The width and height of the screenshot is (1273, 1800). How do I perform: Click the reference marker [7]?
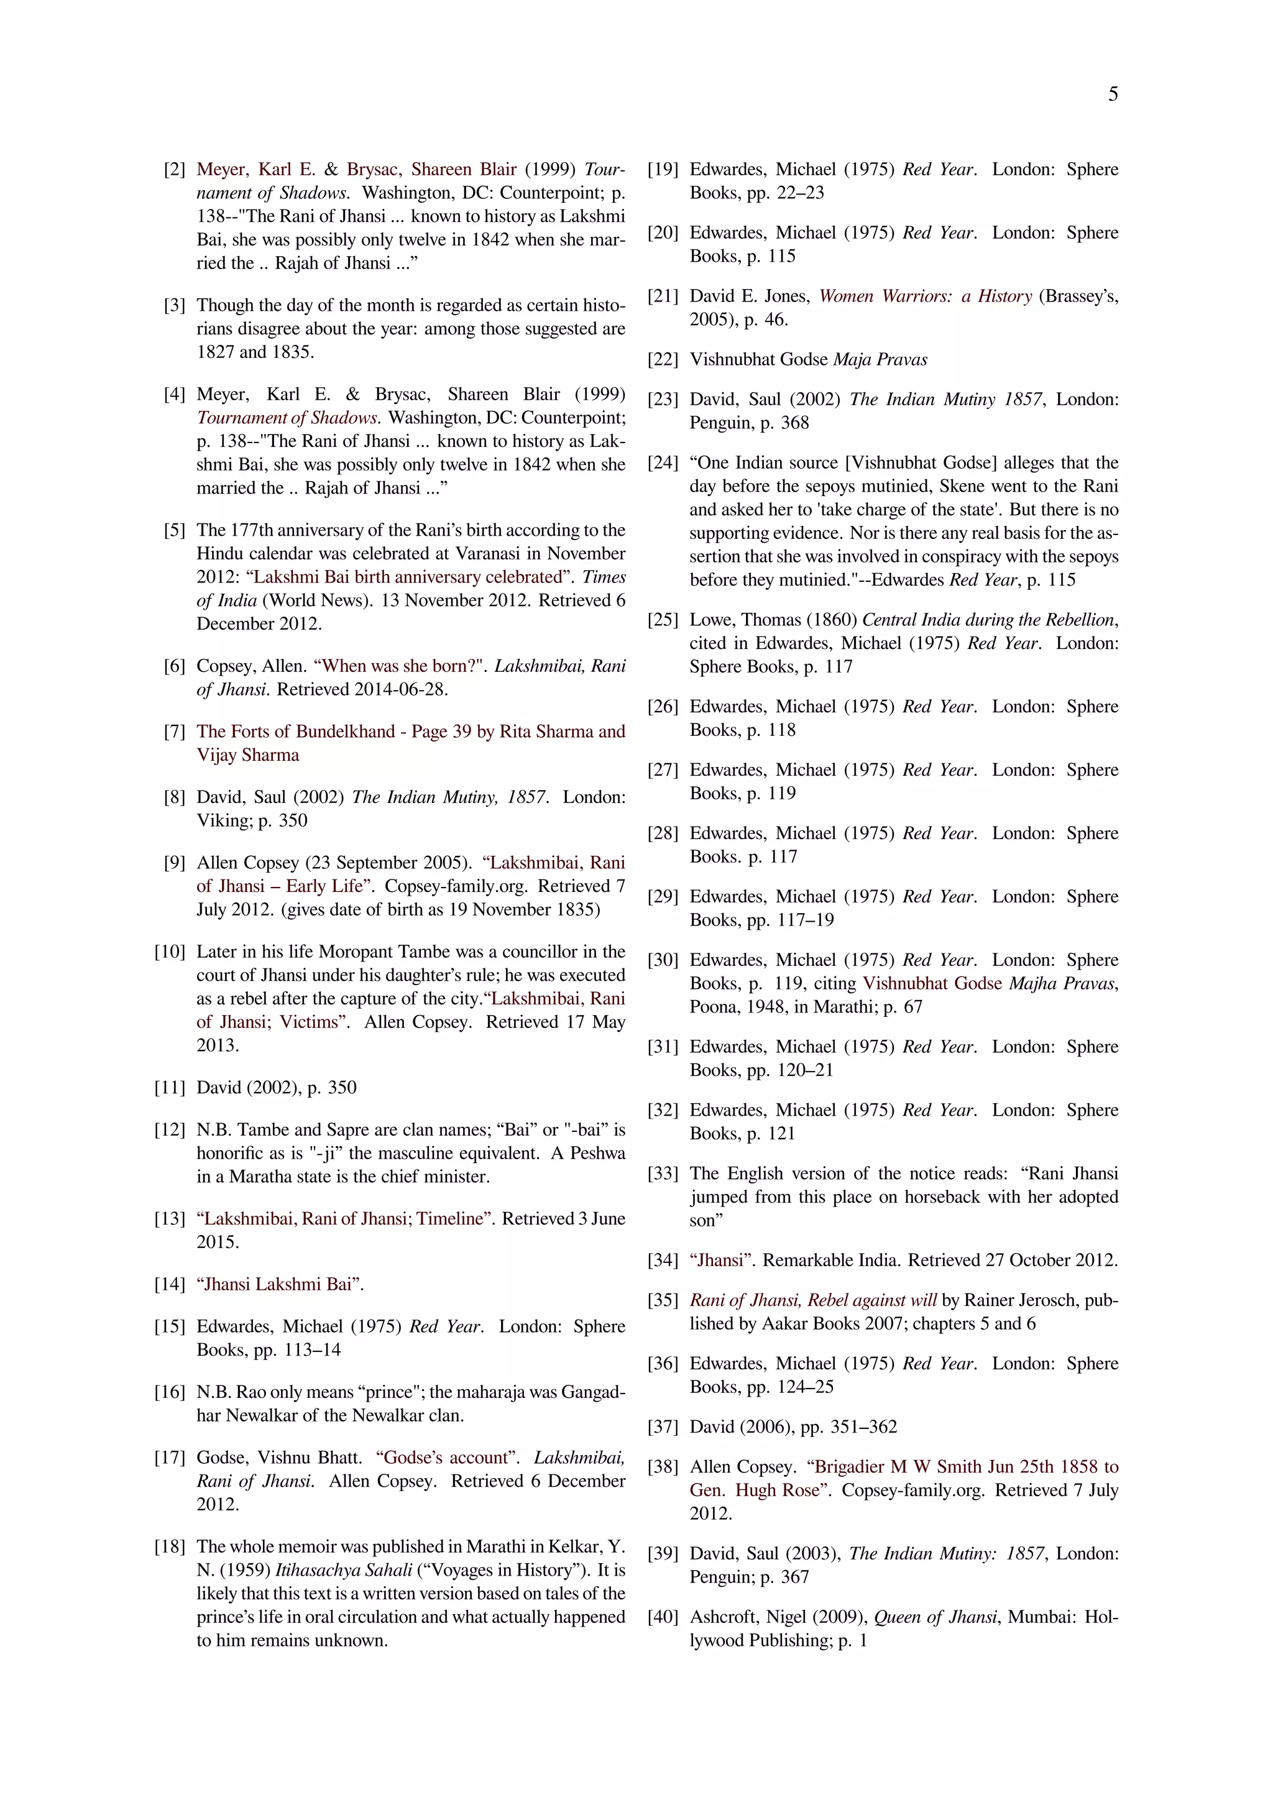tap(174, 732)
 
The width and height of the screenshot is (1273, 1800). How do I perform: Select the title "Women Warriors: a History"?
tap(925, 296)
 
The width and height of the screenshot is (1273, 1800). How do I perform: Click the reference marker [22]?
tap(663, 360)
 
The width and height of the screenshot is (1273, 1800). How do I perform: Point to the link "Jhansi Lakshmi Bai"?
tap(280, 1284)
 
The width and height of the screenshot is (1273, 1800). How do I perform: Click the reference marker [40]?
tap(663, 1617)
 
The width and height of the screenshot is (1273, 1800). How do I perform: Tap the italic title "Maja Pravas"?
tap(880, 360)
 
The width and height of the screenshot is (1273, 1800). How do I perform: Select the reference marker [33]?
tap(663, 1173)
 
